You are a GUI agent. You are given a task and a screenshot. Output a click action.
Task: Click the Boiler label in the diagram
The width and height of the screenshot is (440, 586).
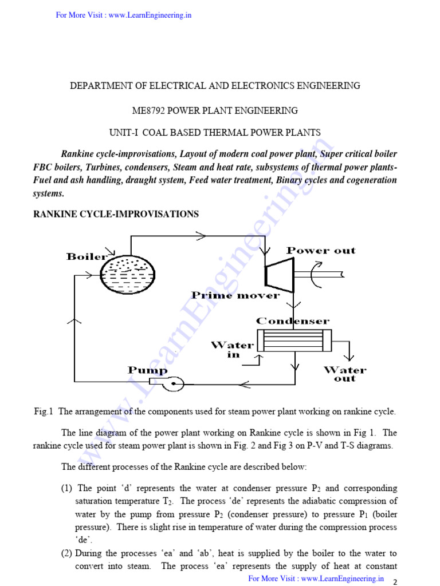tap(87, 256)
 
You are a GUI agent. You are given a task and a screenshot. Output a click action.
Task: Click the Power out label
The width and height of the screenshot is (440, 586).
tap(321, 251)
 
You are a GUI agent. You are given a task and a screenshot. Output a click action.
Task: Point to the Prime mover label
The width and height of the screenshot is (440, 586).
tap(235, 295)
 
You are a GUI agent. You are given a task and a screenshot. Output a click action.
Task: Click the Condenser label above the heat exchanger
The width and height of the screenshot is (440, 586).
tap(292, 321)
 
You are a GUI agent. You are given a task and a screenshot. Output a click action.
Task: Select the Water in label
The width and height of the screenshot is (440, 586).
tap(232, 349)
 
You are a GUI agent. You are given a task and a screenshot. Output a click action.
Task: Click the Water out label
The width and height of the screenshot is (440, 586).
tap(345, 374)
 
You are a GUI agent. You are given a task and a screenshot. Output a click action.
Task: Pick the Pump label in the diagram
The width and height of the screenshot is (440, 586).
tap(147, 370)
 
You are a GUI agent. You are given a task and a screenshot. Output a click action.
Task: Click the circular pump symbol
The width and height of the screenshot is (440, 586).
tap(172, 384)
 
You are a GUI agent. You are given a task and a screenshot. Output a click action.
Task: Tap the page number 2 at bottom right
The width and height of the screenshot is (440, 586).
tap(394, 581)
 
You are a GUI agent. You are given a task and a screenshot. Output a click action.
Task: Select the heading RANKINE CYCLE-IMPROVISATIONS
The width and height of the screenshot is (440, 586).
tap(116, 214)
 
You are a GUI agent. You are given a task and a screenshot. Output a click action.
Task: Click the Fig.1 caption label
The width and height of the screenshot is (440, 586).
tap(44, 411)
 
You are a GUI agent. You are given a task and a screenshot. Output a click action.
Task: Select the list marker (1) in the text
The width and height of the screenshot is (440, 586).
tap(67, 488)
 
